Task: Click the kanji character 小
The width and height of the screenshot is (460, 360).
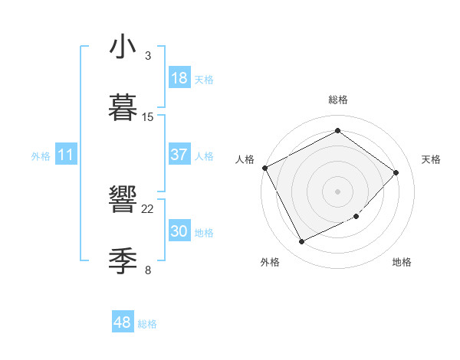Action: [123, 47]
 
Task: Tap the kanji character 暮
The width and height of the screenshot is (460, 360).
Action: [123, 107]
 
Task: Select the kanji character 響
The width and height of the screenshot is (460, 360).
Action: [123, 201]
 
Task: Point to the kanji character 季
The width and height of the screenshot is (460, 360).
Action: [123, 261]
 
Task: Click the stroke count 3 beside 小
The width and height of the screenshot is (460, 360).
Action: [148, 56]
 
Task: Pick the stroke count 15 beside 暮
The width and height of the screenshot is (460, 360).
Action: [148, 117]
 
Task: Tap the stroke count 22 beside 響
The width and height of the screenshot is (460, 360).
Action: [148, 209]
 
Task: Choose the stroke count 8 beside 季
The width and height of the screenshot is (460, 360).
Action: [148, 270]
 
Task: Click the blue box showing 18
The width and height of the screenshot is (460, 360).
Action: [179, 78]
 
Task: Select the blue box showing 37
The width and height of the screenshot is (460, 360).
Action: [179, 155]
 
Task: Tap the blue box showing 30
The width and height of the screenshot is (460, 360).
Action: [179, 231]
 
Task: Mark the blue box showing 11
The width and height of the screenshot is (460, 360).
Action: [66, 155]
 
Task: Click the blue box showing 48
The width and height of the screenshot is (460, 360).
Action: [123, 322]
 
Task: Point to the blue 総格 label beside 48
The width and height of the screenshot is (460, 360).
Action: [147, 324]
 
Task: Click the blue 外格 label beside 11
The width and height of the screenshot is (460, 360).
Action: [41, 156]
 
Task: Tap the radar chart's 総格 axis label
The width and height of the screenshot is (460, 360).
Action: [338, 100]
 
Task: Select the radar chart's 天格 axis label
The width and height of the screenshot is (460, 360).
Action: [432, 159]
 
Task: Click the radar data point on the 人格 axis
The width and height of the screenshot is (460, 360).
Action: [264, 168]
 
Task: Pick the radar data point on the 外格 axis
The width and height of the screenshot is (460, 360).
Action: [301, 242]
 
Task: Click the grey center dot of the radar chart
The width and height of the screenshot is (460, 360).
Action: [338, 191]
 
